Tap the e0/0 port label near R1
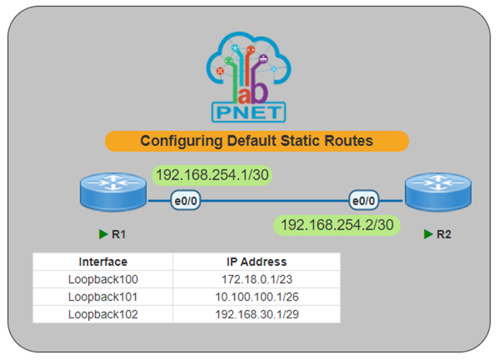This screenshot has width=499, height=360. tap(186, 202)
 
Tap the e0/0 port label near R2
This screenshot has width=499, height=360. tap(363, 202)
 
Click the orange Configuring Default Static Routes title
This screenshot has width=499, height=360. tap(255, 142)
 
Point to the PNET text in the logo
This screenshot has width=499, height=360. tap(248, 113)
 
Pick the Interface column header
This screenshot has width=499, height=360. tap(103, 262)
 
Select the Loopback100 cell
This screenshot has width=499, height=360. tap(103, 280)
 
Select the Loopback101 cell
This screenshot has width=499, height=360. tap(103, 297)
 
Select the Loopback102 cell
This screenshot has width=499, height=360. tap(103, 314)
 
